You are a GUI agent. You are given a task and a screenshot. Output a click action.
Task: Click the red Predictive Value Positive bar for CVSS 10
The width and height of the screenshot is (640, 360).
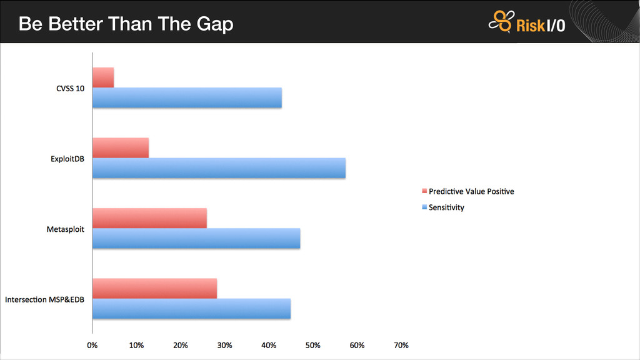click(103, 77)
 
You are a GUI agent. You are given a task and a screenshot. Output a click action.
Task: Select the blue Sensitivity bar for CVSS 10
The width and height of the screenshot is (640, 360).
click(187, 98)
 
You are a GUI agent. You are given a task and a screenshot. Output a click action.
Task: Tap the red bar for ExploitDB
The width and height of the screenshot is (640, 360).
click(121, 147)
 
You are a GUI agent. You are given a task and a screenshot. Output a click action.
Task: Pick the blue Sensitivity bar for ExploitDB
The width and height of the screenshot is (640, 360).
click(219, 168)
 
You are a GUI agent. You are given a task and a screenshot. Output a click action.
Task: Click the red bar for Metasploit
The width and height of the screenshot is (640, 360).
click(149, 218)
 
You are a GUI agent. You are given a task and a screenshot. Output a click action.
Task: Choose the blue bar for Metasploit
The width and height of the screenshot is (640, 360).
click(196, 239)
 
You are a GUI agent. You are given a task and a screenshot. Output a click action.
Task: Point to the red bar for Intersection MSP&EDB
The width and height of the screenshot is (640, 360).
click(154, 289)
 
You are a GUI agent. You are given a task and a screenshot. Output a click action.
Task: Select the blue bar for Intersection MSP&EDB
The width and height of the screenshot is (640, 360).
click(191, 309)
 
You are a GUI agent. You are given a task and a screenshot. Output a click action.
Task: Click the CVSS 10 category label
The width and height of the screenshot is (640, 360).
click(70, 88)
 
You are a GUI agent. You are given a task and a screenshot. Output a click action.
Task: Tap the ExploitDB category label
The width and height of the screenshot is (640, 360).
click(67, 159)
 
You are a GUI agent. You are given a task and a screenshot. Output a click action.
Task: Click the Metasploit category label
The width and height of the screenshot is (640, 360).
click(66, 229)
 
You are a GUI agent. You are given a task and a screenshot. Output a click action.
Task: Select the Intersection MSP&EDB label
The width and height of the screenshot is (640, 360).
click(45, 300)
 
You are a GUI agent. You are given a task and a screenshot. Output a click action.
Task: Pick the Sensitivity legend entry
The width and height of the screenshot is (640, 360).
click(446, 207)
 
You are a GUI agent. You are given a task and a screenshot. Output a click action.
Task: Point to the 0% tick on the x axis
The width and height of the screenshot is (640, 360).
click(92, 345)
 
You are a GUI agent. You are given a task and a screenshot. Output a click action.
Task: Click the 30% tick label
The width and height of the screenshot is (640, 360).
click(225, 345)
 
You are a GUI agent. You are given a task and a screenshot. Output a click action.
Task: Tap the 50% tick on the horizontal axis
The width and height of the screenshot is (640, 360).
click(313, 345)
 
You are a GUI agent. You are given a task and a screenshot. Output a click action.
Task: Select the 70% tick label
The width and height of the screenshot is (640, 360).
click(401, 345)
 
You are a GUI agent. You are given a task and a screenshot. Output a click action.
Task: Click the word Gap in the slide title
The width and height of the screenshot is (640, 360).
click(215, 24)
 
